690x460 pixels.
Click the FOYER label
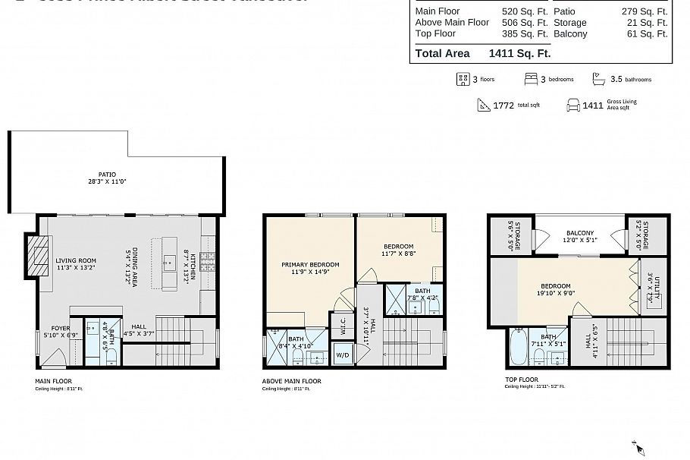tap(55, 328)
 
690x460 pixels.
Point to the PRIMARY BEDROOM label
tap(309, 265)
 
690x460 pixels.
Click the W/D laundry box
tap(341, 354)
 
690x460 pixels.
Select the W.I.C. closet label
tap(343, 326)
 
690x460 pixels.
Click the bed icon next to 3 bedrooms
tap(532, 79)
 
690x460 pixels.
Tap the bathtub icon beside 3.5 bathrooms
tap(598, 79)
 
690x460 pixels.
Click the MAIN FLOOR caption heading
tap(54, 380)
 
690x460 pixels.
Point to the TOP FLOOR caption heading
tap(521, 379)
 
